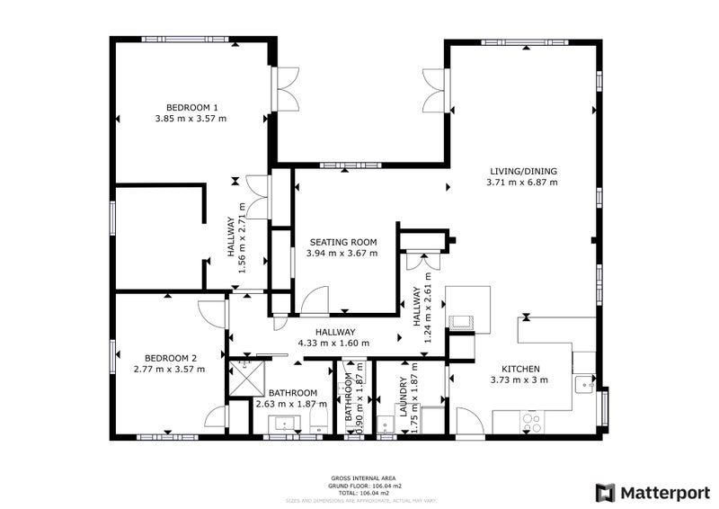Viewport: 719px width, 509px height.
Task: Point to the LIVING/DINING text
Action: [521, 171]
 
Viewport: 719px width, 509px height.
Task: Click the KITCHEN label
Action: [519, 369]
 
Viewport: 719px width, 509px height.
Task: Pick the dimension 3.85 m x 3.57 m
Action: [191, 118]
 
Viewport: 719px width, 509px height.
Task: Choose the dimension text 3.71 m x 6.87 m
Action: [521, 183]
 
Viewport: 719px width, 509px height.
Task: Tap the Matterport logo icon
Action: [607, 492]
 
